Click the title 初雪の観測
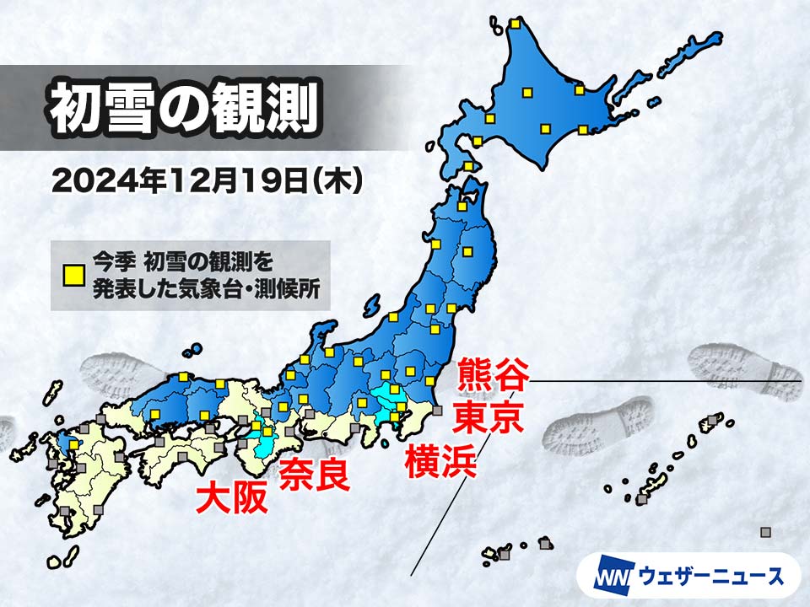click(x=182, y=108)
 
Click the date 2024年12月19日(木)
click(x=208, y=180)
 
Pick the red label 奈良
click(x=313, y=475)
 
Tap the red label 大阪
click(x=232, y=497)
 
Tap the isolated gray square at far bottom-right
click(x=765, y=532)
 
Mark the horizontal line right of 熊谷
click(x=667, y=381)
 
